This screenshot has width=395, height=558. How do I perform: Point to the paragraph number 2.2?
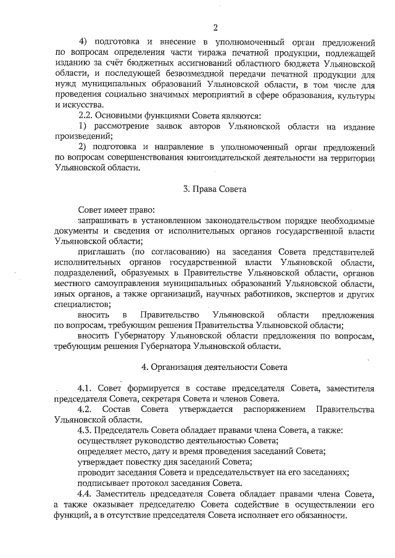[x=86, y=116]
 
